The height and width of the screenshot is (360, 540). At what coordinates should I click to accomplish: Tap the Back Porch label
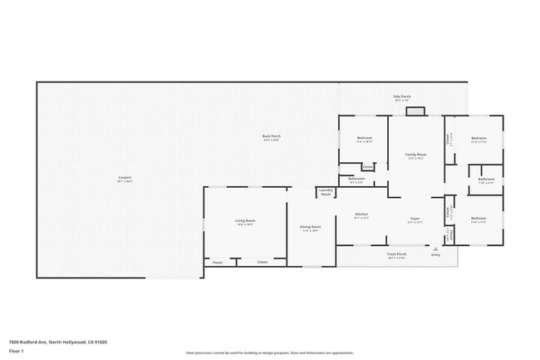(x=272, y=136)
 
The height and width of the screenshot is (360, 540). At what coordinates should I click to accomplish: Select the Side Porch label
(x=402, y=96)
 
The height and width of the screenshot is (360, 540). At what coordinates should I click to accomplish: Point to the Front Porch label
(x=396, y=254)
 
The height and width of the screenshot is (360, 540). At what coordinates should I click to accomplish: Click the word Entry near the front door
(x=435, y=254)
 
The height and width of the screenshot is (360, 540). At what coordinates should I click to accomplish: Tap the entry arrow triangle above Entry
(x=434, y=248)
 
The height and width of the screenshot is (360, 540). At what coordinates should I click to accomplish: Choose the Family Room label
(x=415, y=155)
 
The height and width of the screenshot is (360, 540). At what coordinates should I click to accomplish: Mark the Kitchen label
(x=361, y=214)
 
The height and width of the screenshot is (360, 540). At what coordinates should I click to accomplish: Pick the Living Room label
(x=245, y=220)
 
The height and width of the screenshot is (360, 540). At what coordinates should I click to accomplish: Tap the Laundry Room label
(x=326, y=193)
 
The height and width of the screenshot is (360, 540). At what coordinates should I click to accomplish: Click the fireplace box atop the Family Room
(x=415, y=111)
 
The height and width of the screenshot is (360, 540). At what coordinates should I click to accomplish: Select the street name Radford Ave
(x=32, y=341)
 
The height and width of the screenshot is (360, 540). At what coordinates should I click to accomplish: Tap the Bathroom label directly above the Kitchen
(x=356, y=179)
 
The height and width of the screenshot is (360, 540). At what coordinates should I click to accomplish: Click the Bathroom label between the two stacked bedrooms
(x=486, y=179)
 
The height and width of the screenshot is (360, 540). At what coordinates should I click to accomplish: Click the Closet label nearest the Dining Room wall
(x=263, y=262)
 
